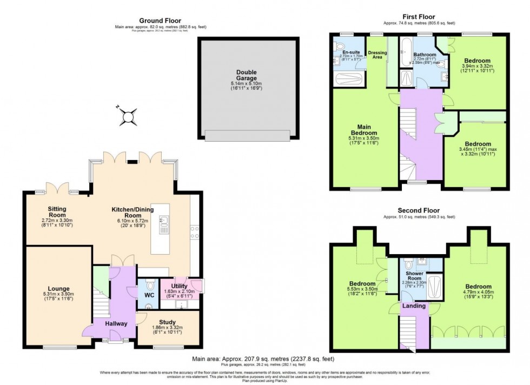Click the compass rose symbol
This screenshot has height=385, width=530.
[x=129, y=116]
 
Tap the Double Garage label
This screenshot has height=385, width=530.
[x=246, y=75]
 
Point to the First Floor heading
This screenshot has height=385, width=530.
[x=419, y=17]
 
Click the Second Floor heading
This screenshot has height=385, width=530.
[x=419, y=210]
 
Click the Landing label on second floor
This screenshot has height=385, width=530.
[x=414, y=306]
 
